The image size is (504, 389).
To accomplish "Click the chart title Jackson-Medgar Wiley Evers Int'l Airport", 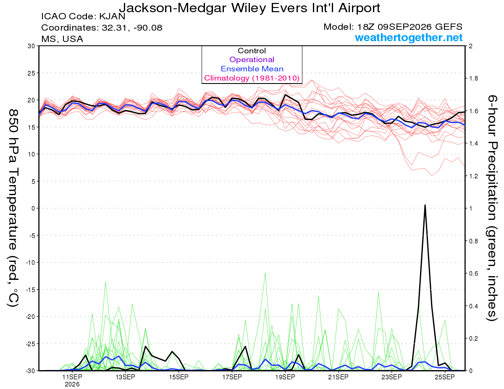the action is coord(249,8).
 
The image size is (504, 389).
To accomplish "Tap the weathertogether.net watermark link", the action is coord(409,38).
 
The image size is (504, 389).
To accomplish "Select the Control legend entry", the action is coord(252,51).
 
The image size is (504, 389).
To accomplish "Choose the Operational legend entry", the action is coord(252,60).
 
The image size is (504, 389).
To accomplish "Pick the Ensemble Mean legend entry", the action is coord(252,69).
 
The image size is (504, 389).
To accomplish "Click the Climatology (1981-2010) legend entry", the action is coord(252,78).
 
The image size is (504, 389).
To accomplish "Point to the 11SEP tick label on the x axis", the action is coord(72,377).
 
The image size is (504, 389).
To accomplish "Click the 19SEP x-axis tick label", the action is coord(285,377).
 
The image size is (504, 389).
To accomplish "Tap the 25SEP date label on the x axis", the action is coord(445,377).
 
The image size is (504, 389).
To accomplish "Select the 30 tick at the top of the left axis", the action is coord(31,46).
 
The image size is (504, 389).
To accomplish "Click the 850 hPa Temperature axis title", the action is coord(13,208).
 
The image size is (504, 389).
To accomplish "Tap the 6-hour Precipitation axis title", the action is coord(492,208).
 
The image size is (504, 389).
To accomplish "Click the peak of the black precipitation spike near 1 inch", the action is coord(425,205).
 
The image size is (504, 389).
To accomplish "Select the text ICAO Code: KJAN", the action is coord(83,16).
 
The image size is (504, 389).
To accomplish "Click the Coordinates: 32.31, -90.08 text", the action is coord(102,28).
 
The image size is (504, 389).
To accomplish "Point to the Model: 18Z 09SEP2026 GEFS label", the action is coord(393,27).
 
